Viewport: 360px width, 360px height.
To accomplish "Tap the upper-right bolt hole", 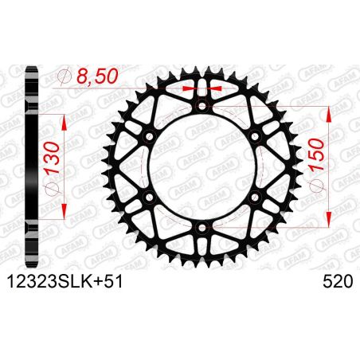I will tap(255, 136).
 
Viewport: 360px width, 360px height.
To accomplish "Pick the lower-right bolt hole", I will tap(255, 199).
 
